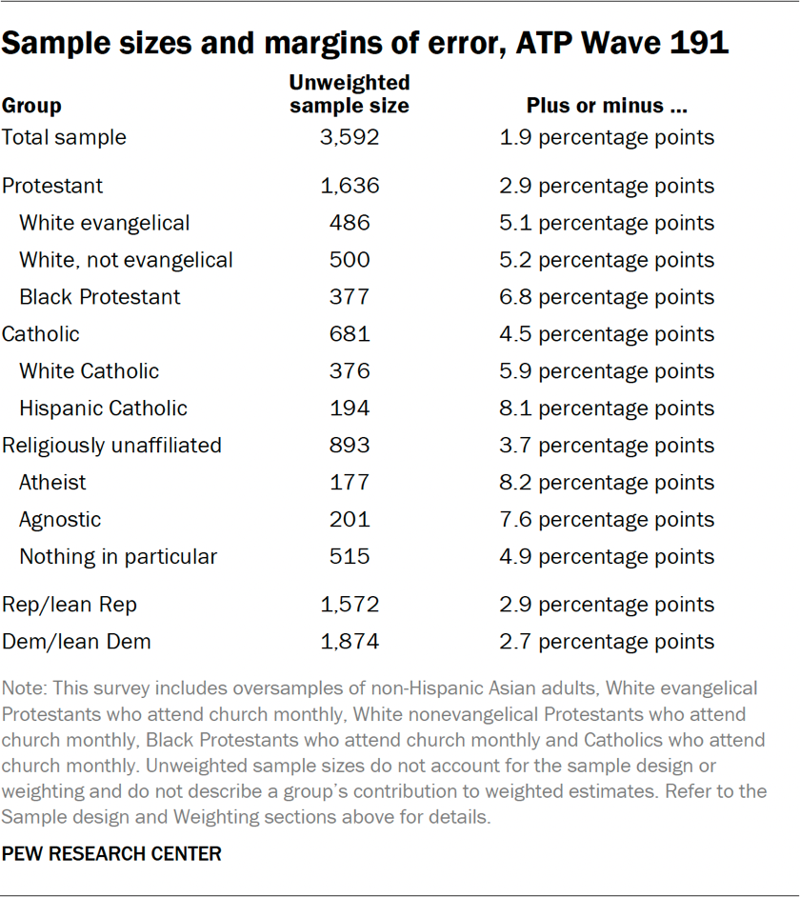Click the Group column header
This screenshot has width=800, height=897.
click(x=31, y=106)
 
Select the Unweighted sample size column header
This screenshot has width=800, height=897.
click(x=350, y=94)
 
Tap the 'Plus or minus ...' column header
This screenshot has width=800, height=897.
click(x=607, y=106)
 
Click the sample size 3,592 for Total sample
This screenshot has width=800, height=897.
click(x=350, y=137)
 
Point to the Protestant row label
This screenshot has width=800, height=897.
click(x=52, y=186)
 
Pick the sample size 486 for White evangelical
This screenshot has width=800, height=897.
click(x=350, y=223)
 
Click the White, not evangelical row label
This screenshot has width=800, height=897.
click(x=126, y=260)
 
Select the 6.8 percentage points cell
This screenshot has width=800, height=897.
click(x=607, y=297)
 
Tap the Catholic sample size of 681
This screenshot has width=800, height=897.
click(x=350, y=334)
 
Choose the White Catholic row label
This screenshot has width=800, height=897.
click(x=90, y=371)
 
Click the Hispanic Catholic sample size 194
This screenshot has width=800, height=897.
click(x=350, y=409)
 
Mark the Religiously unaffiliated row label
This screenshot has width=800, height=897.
click(x=111, y=446)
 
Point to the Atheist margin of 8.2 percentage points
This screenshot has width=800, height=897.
click(x=607, y=483)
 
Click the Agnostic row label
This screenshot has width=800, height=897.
click(x=60, y=520)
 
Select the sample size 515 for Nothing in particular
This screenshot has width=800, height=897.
click(x=350, y=557)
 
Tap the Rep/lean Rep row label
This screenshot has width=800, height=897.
click(x=70, y=606)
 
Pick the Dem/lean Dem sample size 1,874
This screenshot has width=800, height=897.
click(x=350, y=642)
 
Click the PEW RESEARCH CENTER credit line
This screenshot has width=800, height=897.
click(x=111, y=854)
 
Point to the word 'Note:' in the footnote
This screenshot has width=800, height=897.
click(x=24, y=688)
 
